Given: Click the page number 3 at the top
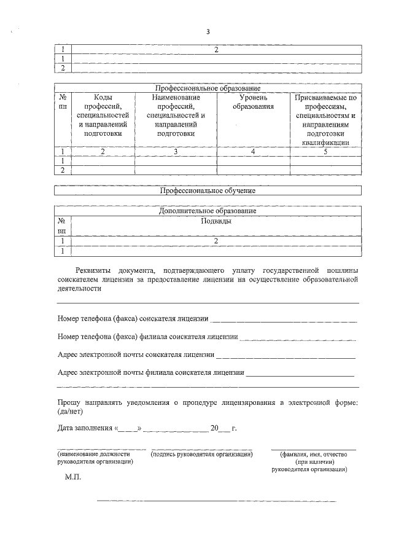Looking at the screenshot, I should point(208,32).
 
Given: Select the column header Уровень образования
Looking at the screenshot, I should point(253,103).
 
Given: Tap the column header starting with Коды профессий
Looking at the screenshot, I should point(103,115).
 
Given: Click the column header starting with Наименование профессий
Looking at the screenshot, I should point(176,115).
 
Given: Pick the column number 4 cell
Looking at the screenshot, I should point(253,151).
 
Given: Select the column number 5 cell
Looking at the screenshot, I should point(325,151).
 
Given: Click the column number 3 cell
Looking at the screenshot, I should point(176,151).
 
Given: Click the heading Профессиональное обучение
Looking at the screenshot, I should point(208,190).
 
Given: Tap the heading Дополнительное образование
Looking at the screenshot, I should point(208,211).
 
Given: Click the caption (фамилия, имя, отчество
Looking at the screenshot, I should point(313,455).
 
